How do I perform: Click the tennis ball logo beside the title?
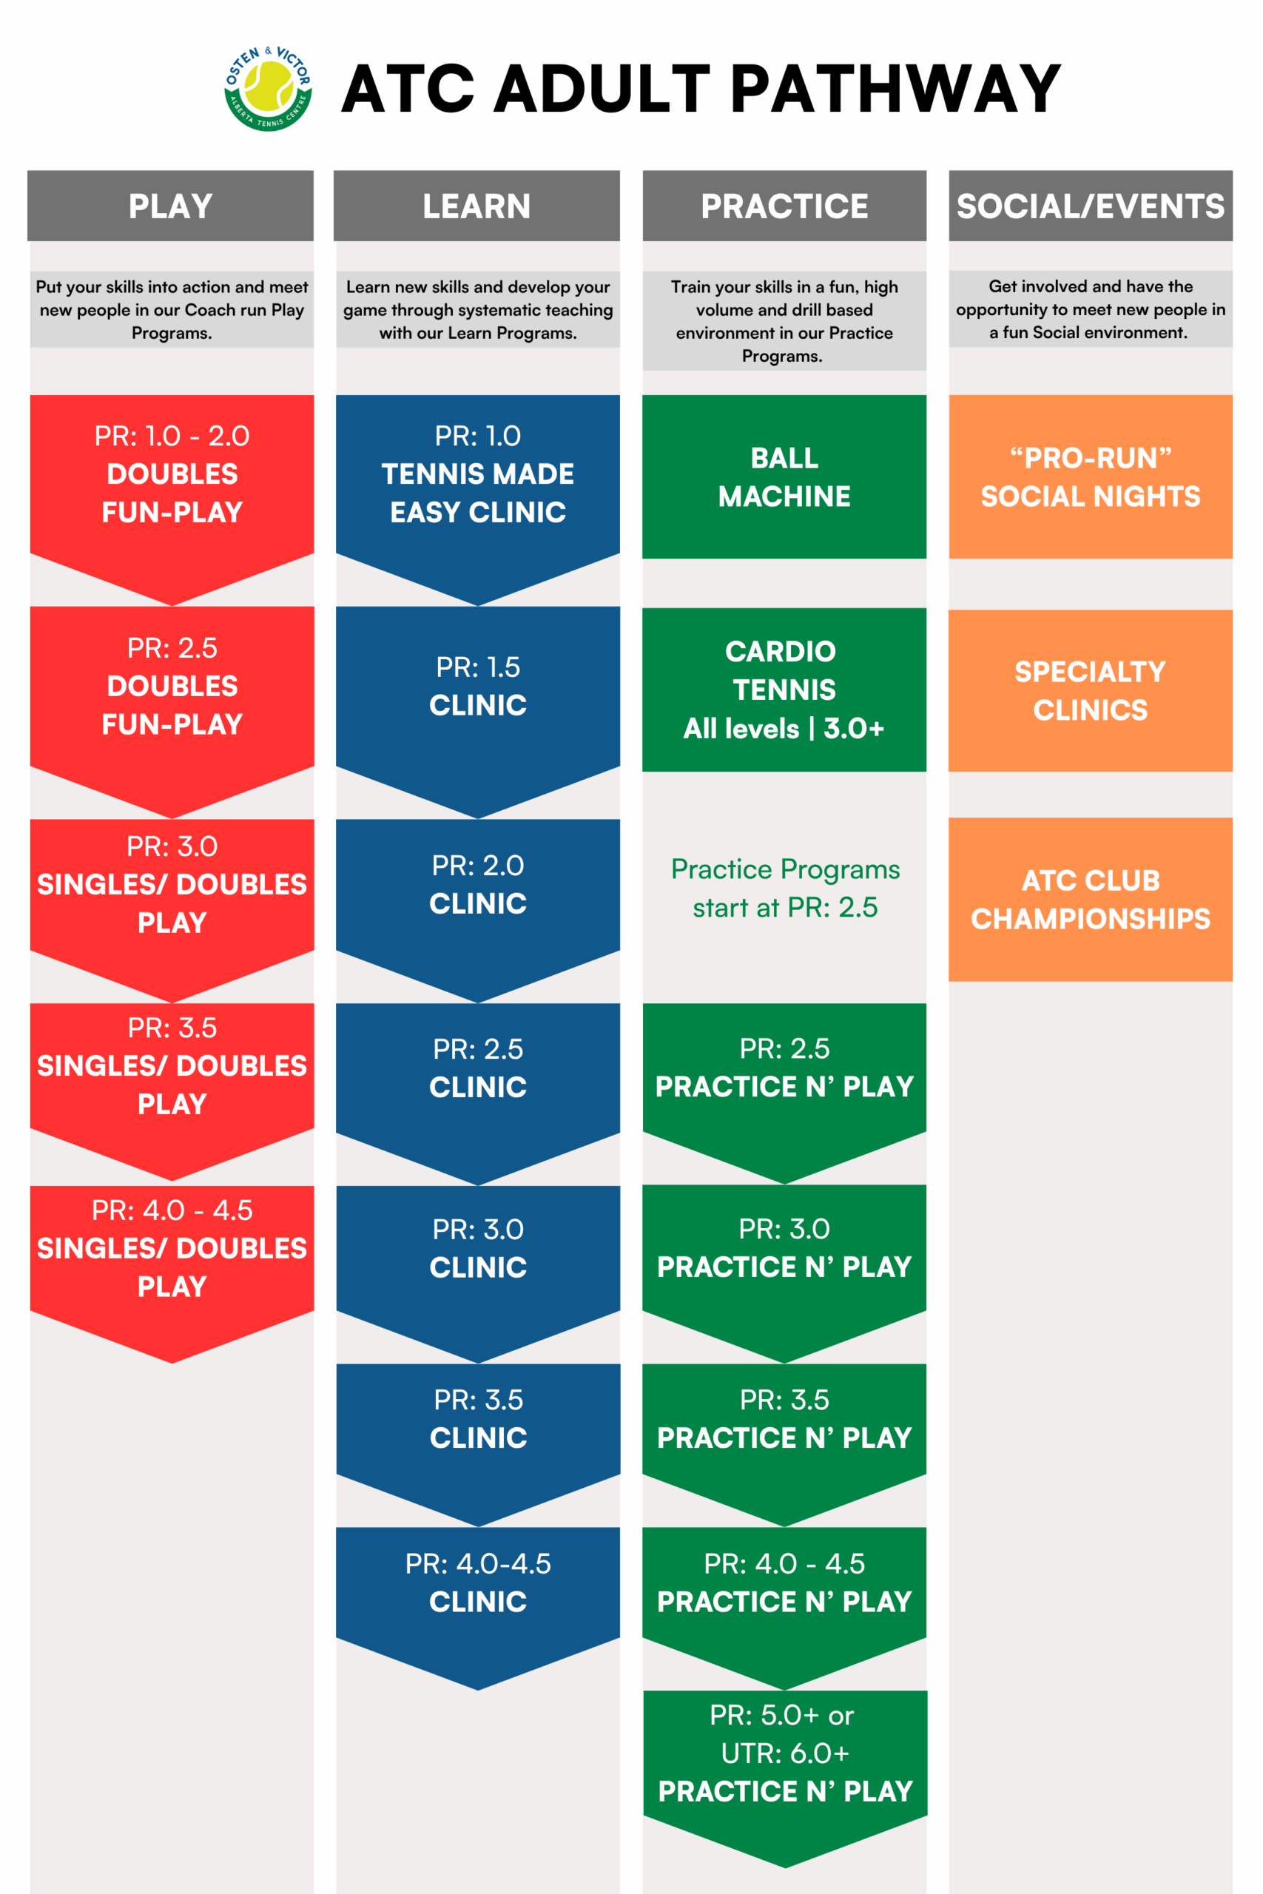pos(269,88)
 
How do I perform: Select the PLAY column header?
pos(171,206)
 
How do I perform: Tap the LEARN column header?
pos(476,206)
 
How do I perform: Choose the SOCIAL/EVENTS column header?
pos(1090,206)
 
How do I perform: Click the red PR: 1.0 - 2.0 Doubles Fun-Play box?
pos(172,476)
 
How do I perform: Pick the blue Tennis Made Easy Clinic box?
pos(478,476)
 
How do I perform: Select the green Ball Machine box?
pos(784,476)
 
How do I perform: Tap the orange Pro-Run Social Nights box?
pos(1090,476)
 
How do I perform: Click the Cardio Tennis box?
pos(784,690)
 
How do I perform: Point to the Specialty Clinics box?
pos(1090,690)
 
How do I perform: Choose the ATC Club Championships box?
pos(1090,899)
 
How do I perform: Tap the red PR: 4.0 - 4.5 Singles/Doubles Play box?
pos(172,1248)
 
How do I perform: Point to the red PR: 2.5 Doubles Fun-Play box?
pos(172,687)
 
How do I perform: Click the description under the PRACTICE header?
pos(784,320)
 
